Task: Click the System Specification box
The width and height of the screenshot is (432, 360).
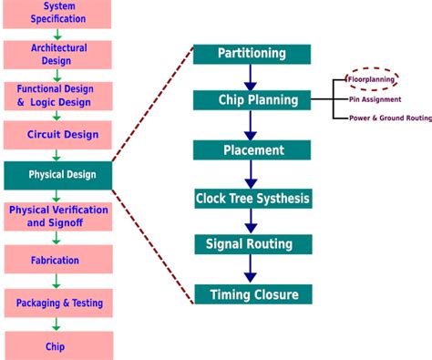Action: pos(58,12)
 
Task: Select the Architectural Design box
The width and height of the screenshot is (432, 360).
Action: pos(58,54)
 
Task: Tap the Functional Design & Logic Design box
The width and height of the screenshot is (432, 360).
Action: pos(58,96)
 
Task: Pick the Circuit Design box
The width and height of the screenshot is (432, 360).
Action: pos(58,135)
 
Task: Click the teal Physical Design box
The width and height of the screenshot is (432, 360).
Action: pos(58,174)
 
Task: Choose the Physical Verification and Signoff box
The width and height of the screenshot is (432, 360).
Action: pos(58,216)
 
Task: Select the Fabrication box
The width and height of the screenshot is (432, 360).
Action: pos(58,260)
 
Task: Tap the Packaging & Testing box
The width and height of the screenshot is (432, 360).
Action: pos(58,303)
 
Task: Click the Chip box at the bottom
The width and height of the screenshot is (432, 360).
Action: pos(58,345)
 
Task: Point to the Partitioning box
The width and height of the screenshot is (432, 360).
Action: pos(252,54)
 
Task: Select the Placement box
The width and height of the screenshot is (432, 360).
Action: pos(252,149)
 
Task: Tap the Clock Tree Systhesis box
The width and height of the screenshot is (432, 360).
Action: pos(252,198)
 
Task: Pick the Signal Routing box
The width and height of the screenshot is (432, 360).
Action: pos(252,244)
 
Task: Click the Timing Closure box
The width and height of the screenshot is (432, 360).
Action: pos(252,294)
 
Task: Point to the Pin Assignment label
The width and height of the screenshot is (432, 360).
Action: pos(375,99)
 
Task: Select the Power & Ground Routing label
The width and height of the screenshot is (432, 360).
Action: pos(388,118)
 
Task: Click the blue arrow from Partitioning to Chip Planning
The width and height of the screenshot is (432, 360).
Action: pos(252,77)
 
